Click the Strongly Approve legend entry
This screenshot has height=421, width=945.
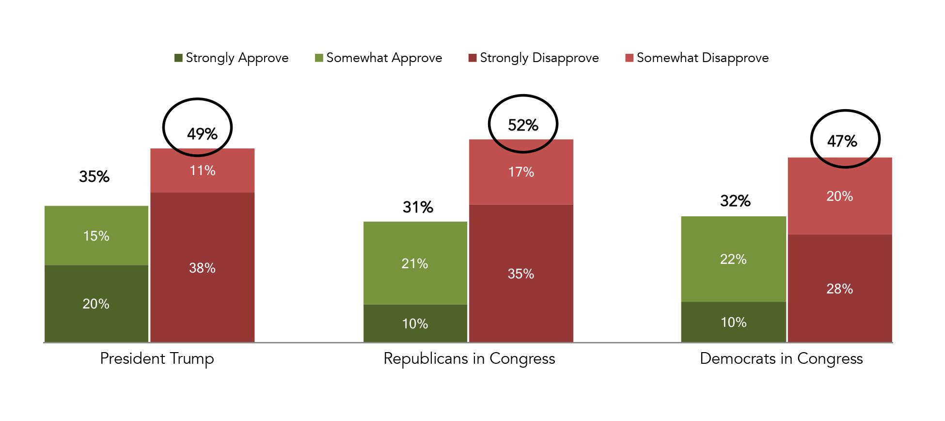pos(232,58)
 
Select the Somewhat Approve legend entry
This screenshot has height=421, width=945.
pos(378,58)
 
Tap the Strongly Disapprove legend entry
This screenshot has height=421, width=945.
pos(534,58)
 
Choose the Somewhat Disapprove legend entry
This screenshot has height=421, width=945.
pos(697,58)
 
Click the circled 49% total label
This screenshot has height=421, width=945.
pos(202,133)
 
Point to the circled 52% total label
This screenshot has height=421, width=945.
pos(523,125)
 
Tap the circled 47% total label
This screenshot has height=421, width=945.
pos(842,141)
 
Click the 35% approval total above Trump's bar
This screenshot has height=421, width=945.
pos(94,177)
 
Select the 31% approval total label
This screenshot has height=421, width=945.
pos(418,208)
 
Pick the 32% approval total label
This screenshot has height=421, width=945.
pos(735,201)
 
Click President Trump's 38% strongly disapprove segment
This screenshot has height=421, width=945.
pos(202,268)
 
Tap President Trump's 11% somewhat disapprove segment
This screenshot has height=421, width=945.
pos(202,171)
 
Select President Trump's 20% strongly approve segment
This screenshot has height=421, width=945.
pos(96,304)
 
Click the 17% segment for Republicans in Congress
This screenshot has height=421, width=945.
pos(521,172)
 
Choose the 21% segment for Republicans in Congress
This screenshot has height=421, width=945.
pos(415,263)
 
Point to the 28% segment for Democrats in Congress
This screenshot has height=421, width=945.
pos(839,289)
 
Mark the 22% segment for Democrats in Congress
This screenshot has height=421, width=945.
pos(733,259)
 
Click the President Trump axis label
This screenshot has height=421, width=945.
pos(157,359)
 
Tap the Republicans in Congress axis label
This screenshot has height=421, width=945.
pos(469,359)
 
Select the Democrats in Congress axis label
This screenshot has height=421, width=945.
pos(781,359)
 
